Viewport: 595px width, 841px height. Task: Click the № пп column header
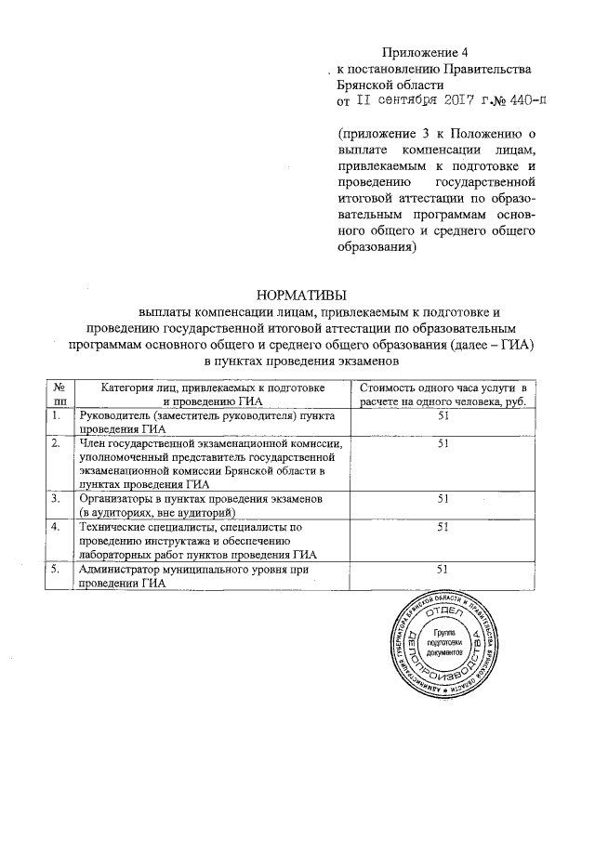(x=60, y=393)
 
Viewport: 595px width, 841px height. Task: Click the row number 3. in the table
(x=57, y=499)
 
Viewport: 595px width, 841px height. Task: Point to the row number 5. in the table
(x=57, y=569)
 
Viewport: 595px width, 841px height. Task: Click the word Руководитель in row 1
(x=116, y=414)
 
